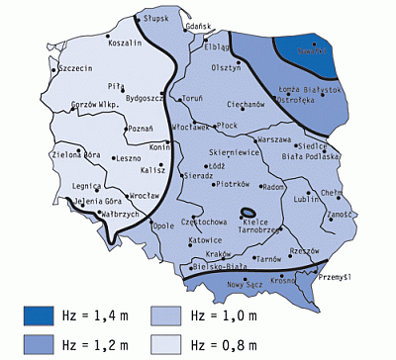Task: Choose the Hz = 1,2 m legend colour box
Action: (x=48, y=343)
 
